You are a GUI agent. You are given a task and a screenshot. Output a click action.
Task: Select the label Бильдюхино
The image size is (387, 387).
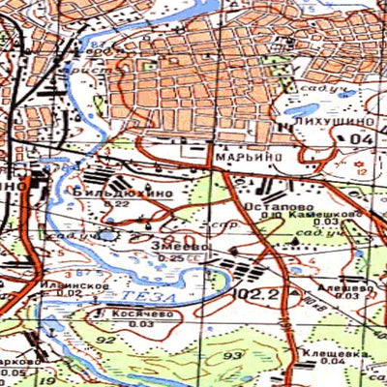coord(122,193)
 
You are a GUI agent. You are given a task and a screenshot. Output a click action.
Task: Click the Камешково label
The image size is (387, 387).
coord(331,215)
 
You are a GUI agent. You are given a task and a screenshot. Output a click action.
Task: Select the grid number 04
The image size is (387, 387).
coord(362,141)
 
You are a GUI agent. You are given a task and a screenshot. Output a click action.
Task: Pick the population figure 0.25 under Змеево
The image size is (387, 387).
coord(172,258)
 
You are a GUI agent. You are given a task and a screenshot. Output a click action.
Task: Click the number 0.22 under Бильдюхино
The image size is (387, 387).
coord(122,204)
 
